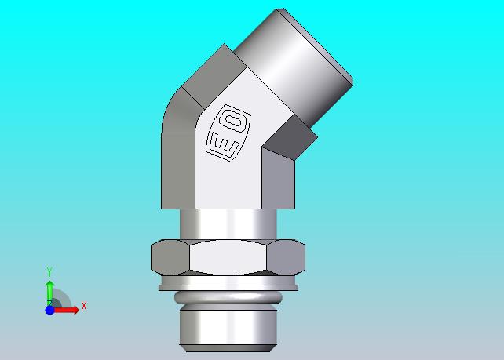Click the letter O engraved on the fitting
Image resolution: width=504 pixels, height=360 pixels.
[234, 122]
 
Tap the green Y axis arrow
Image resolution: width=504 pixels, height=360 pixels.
[49, 293]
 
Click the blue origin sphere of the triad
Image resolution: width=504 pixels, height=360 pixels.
[49, 311]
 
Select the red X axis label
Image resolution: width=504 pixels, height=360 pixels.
[84, 306]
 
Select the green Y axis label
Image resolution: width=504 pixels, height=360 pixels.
[49, 271]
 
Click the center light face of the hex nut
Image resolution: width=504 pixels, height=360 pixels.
[228, 257]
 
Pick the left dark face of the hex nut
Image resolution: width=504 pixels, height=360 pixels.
[170, 257]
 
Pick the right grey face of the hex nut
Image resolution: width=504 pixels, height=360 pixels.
[286, 257]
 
